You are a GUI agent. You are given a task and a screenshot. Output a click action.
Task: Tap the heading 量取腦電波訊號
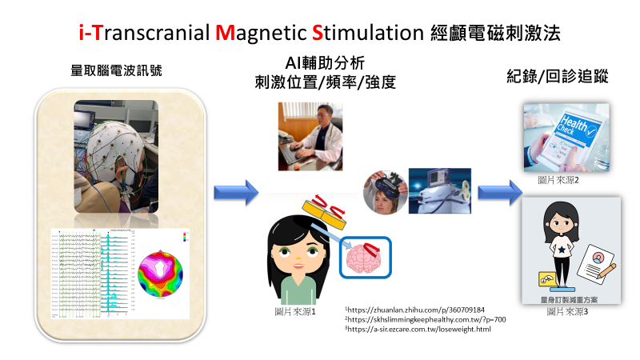pyautogui.click(x=117, y=70)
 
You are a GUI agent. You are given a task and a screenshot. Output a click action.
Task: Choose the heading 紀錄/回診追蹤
pyautogui.click(x=558, y=78)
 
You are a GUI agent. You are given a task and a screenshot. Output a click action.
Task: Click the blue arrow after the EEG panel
pyautogui.click(x=237, y=192)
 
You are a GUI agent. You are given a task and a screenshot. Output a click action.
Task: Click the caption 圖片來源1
pyautogui.click(x=295, y=311)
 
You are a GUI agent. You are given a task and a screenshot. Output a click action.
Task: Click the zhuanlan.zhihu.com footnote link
pyautogui.click(x=417, y=309)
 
